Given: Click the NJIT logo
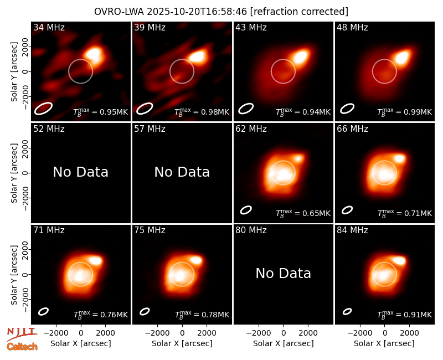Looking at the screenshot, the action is pyautogui.click(x=22, y=334).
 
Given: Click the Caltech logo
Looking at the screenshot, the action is pyautogui.click(x=22, y=347).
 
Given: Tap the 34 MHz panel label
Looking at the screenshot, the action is pyautogui.click(x=49, y=27).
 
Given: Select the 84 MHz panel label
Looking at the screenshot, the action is pyautogui.click(x=352, y=230).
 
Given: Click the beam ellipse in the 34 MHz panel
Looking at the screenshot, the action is pyautogui.click(x=43, y=109).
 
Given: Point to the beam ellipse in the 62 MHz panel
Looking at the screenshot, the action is pyautogui.click(x=246, y=210).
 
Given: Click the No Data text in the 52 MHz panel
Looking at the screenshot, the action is pyautogui.click(x=81, y=172).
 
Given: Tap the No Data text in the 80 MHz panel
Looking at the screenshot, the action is pyautogui.click(x=284, y=273).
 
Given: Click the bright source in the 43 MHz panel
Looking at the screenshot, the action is pyautogui.click(x=301, y=57).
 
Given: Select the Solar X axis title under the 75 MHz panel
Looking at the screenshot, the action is pyautogui.click(x=182, y=343).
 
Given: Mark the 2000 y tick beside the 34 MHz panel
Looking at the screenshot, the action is pyautogui.click(x=25, y=47).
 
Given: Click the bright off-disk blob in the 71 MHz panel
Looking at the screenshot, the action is pyautogui.click(x=95, y=260).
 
